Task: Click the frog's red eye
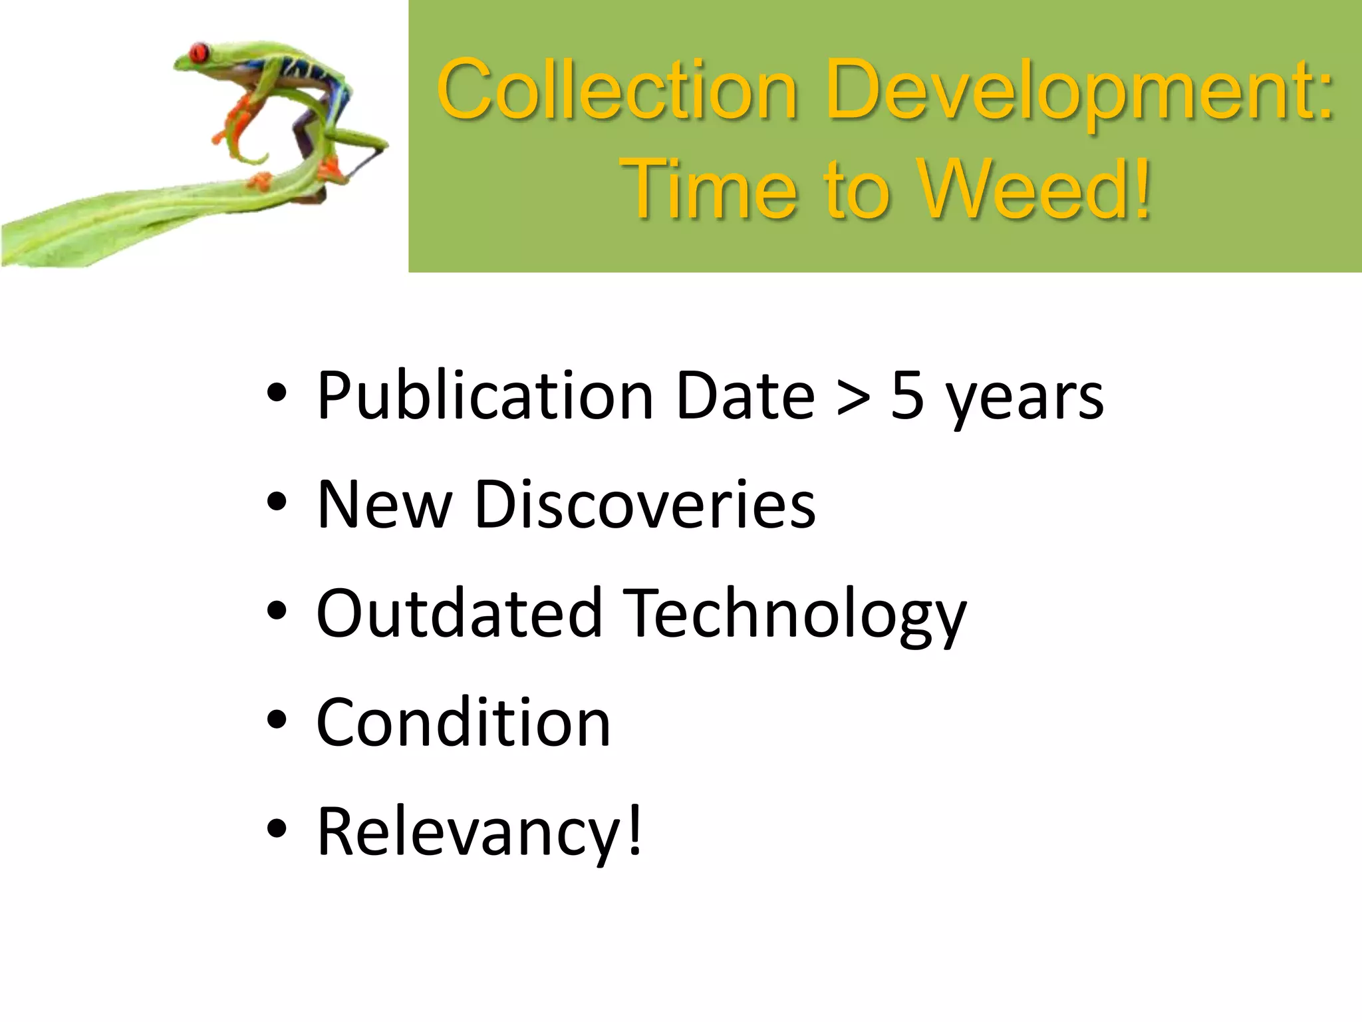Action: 198,52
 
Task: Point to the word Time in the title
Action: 709,189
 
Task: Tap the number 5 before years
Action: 907,397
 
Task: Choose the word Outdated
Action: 459,613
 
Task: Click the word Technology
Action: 796,616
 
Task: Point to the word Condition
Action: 464,723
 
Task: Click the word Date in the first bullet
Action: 745,397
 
